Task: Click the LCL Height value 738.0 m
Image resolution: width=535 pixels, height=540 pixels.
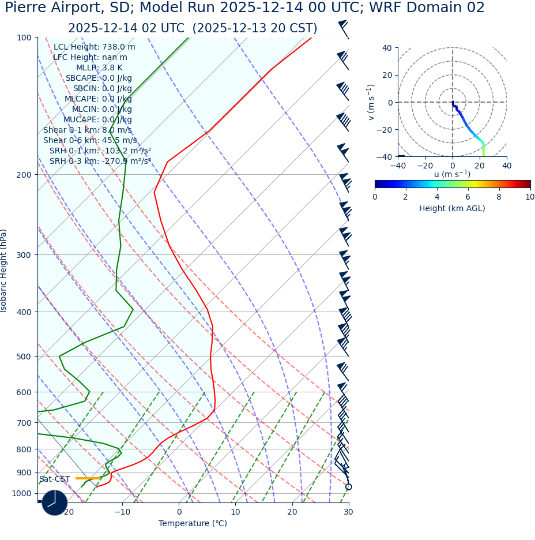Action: click(x=119, y=47)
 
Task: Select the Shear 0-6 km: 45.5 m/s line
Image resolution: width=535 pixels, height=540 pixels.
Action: click(x=90, y=140)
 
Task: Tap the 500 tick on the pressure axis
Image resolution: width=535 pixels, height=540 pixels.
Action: click(x=24, y=357)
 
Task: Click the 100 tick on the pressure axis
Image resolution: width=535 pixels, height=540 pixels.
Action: click(x=24, y=37)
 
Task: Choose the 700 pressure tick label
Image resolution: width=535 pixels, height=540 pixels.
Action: click(x=24, y=423)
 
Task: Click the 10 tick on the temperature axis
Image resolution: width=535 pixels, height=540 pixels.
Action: click(x=236, y=512)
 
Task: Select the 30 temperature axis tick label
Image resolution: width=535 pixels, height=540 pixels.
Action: click(x=348, y=512)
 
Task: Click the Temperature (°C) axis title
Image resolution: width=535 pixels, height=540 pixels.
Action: click(x=193, y=524)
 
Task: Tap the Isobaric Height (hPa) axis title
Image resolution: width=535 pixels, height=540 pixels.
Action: click(x=4, y=271)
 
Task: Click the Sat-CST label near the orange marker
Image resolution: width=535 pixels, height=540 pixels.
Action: click(x=55, y=479)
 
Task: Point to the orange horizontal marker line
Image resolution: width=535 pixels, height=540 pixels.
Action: click(x=88, y=478)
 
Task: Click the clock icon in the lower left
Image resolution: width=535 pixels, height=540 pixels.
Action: click(x=55, y=502)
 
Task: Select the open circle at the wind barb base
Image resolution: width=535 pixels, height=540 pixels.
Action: click(x=348, y=487)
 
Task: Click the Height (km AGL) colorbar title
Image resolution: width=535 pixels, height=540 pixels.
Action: click(x=452, y=209)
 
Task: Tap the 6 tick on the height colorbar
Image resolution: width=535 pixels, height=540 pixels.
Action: click(x=468, y=197)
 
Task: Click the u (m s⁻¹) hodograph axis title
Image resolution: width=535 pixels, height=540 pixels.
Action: click(x=452, y=174)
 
